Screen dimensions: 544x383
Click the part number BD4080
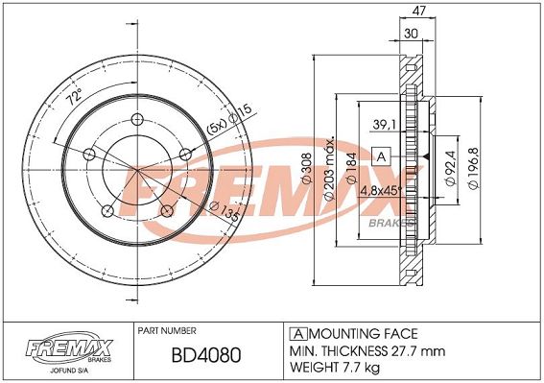206,355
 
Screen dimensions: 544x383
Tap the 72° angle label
75,97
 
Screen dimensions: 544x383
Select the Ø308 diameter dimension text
307,168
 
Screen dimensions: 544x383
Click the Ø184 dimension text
351,168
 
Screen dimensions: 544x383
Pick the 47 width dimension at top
418,11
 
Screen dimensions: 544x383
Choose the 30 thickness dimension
412,34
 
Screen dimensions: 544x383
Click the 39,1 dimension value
384,125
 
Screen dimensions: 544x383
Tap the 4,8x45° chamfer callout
381,191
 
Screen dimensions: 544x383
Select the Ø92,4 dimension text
450,168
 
